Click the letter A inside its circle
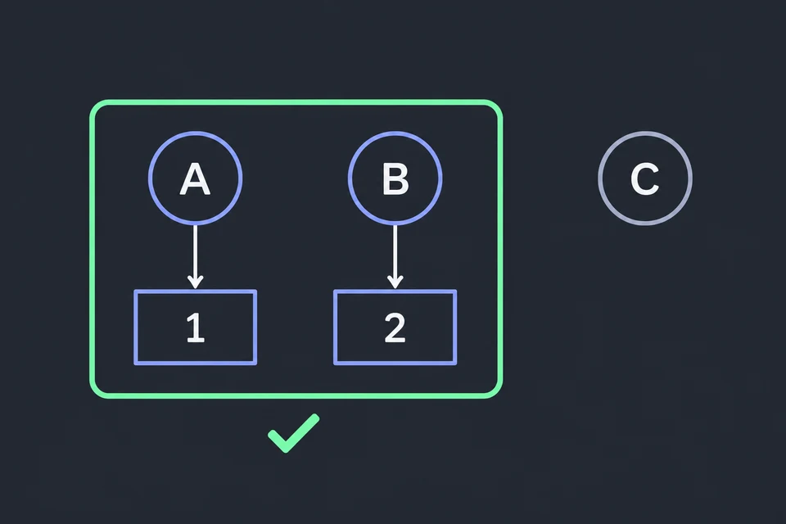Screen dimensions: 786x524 [x=195, y=179]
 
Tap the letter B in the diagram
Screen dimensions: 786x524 [x=395, y=179]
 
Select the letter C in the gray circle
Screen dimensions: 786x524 [x=644, y=178]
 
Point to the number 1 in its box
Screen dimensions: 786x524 [x=196, y=327]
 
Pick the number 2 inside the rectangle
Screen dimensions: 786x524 [x=395, y=327]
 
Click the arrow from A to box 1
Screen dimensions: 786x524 [x=195, y=257]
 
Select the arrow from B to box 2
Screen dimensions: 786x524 [x=395, y=257]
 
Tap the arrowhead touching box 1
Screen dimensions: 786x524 [x=195, y=282]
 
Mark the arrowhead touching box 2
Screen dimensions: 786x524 [x=395, y=282]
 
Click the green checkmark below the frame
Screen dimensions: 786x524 [x=293, y=434]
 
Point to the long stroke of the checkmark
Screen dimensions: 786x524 [x=302, y=433]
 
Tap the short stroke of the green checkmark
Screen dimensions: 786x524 [x=278, y=440]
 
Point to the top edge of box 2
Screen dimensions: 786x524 [x=395, y=291]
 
